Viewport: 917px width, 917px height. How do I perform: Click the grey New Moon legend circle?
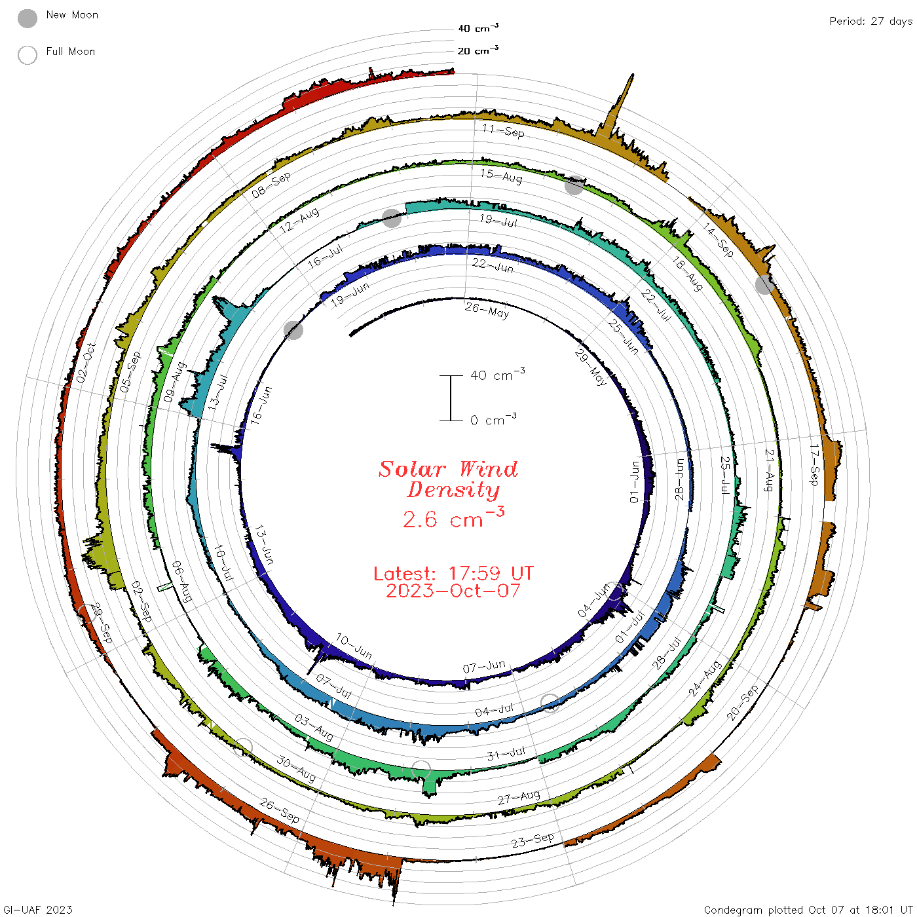coord(27,18)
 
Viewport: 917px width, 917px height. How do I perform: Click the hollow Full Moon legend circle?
coord(27,55)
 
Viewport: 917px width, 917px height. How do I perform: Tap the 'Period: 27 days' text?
coord(870,22)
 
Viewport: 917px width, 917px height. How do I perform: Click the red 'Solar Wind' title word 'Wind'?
coord(488,469)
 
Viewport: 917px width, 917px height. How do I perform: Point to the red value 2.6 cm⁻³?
coord(453,517)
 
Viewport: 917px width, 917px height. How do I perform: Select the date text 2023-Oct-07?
coord(453,591)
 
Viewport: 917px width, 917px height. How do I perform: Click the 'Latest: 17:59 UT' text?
coord(453,573)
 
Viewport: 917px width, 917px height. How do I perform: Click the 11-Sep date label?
coord(503,130)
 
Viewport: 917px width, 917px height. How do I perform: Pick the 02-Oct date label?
coord(86,363)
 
